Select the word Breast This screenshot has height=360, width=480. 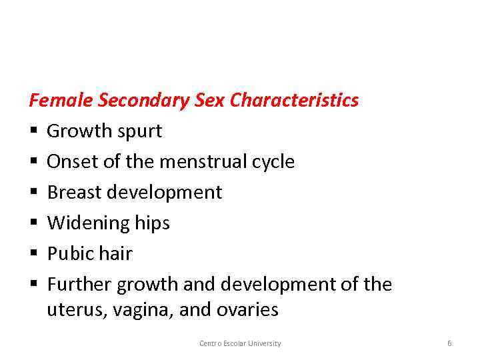73,193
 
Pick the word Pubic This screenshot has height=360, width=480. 69,254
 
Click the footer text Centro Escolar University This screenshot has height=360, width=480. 240,343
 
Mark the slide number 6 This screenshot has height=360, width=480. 449,343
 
